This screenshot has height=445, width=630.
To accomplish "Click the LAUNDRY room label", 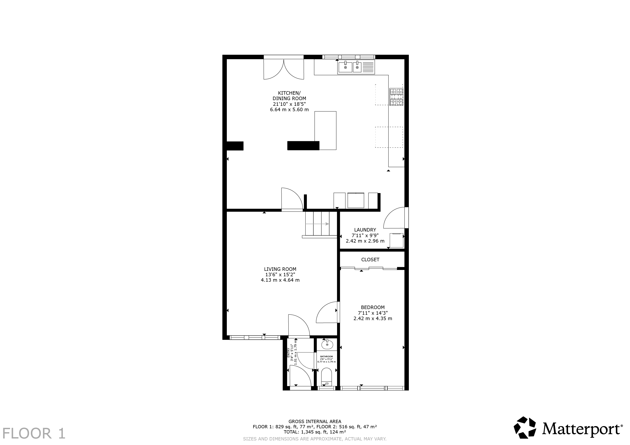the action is [x=365, y=230].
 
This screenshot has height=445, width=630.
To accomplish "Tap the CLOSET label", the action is [x=370, y=260].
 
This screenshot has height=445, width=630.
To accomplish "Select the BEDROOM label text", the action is [x=373, y=308].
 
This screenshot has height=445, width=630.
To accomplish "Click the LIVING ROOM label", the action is [x=280, y=269].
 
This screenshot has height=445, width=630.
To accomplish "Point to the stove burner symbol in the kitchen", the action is [x=396, y=97].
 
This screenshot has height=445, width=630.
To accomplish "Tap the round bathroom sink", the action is [x=327, y=344].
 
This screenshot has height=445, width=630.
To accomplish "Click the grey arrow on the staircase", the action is [x=317, y=224].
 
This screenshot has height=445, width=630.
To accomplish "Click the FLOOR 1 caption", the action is [x=34, y=433].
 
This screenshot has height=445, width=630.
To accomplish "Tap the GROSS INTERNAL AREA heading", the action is [x=315, y=421].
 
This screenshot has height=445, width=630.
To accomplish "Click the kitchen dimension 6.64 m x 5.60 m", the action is [x=289, y=110].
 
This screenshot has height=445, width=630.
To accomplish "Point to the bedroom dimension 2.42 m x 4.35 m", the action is [x=373, y=318].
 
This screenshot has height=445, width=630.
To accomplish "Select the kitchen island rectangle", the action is [x=325, y=131].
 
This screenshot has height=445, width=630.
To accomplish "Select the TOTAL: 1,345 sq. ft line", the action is [x=315, y=432].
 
